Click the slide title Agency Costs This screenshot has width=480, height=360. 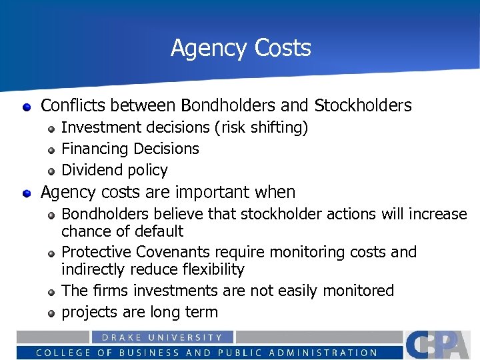[241, 48]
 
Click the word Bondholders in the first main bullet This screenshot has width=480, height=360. [222, 105]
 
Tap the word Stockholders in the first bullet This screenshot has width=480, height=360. [363, 105]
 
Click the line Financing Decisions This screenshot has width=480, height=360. [130, 149]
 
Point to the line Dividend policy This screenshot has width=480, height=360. [114, 170]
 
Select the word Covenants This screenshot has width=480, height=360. [175, 252]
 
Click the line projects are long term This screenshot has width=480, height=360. [139, 312]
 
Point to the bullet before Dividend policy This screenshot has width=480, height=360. [51, 171]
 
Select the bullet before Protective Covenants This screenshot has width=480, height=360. [51, 253]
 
